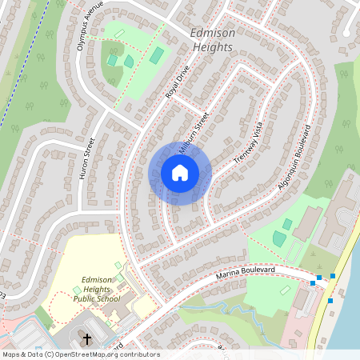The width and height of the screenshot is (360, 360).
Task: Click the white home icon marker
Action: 180,172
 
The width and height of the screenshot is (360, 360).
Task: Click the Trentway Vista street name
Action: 248,145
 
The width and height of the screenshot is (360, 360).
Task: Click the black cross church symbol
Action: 88,340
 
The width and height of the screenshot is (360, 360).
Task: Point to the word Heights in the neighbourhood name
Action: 211,47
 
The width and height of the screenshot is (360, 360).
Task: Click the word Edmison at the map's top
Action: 212,34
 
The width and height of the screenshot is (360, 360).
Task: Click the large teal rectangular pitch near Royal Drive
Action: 157,55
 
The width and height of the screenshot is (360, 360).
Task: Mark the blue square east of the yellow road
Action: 330,301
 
